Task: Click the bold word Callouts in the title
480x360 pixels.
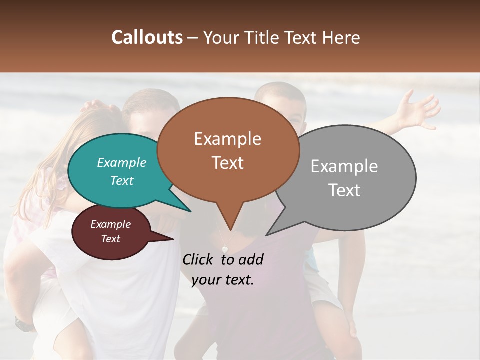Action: pos(147,37)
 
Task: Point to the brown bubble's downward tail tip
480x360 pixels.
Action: pos(230,230)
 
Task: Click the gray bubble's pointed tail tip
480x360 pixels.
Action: pos(266,235)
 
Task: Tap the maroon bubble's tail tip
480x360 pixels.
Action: pos(173,239)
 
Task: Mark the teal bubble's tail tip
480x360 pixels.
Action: pos(191,211)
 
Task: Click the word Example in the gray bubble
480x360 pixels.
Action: pos(344,166)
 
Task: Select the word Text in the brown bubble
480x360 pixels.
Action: pos(228,163)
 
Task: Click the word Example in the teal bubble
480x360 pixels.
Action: pos(121,162)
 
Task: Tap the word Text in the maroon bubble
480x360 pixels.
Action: pos(111,239)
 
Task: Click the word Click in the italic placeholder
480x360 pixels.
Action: pos(198,259)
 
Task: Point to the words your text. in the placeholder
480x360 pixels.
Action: pos(223,280)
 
